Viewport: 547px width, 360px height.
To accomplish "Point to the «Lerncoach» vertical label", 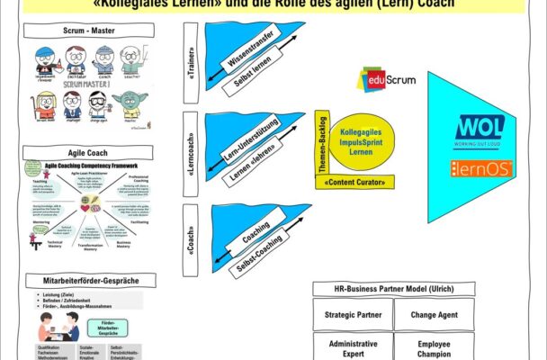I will tap(191, 148).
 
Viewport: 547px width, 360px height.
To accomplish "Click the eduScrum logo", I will tap(388, 80).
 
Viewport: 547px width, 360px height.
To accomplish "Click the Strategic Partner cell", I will tap(352, 315).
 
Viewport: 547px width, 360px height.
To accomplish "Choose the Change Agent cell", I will tap(435, 315).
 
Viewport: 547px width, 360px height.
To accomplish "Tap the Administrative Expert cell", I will tap(352, 348).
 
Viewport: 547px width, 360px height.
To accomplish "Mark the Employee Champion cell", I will tap(435, 348).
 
